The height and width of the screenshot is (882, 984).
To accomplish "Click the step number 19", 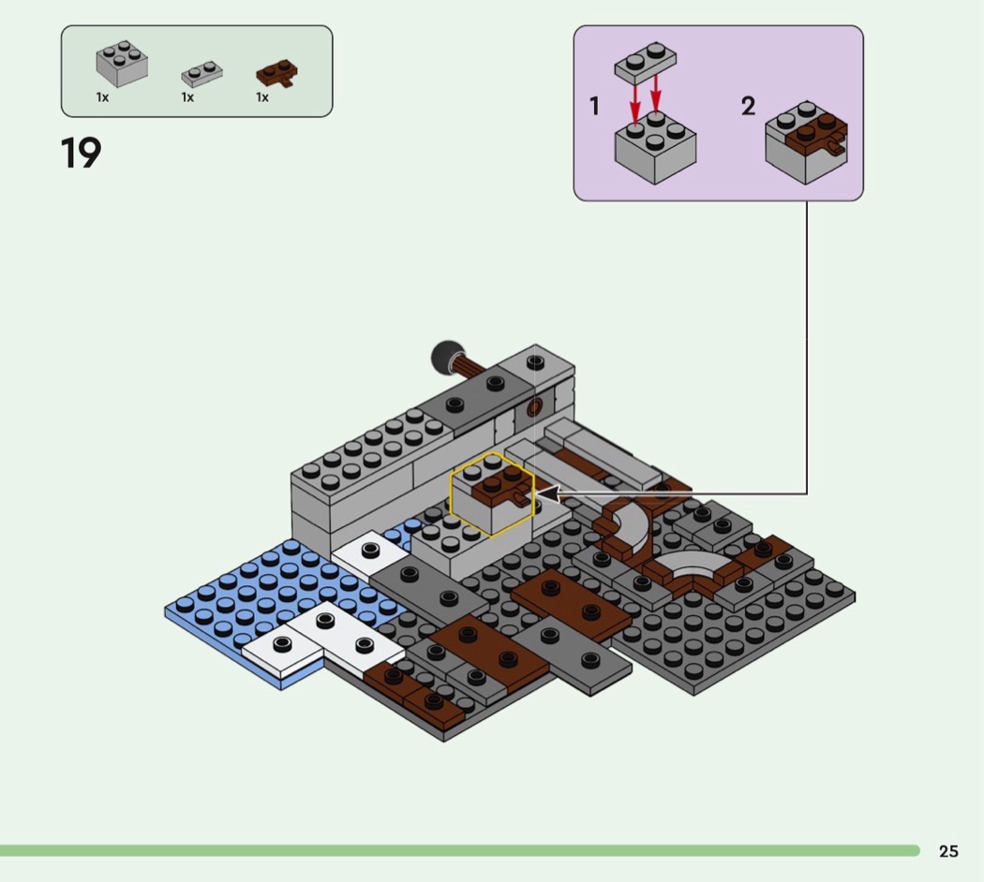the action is (x=81, y=153).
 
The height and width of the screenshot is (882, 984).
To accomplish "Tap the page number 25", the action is (x=948, y=851).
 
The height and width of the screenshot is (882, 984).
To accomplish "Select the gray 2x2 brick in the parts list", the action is (x=122, y=64).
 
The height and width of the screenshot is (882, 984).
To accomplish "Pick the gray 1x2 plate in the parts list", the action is (x=201, y=74).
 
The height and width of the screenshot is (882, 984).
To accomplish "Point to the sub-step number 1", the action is (x=595, y=106).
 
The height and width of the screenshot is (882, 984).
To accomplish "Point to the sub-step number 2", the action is (x=748, y=106).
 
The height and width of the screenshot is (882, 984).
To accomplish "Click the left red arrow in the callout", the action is (x=635, y=104).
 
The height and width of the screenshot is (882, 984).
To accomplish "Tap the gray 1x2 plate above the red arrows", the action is (x=645, y=63).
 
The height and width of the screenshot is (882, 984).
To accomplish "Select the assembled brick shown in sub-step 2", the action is (x=806, y=142).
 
